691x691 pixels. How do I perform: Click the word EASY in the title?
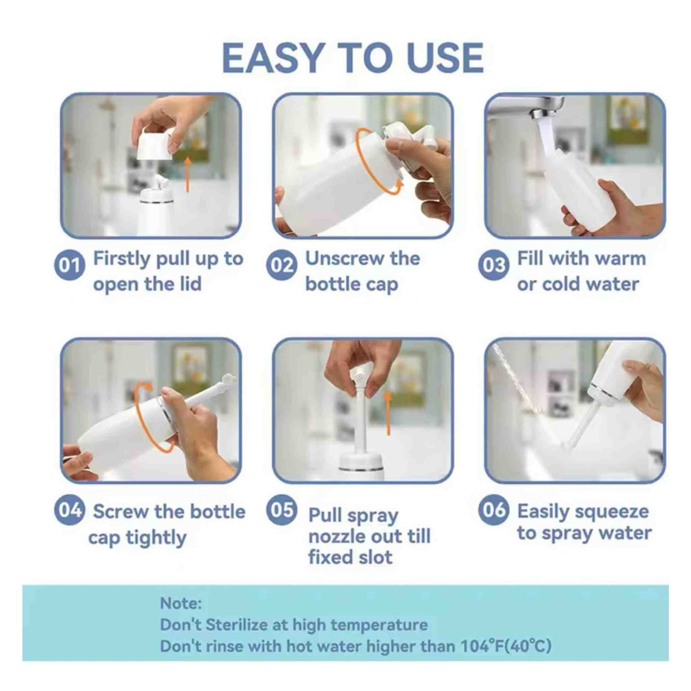click(274, 58)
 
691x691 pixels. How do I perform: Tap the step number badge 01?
click(69, 265)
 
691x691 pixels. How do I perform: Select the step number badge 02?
click(281, 265)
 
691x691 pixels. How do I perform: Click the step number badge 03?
click(493, 265)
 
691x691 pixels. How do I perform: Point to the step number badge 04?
click(69, 510)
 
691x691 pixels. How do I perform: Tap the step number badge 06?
click(493, 510)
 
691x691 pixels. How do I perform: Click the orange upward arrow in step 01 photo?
click(187, 174)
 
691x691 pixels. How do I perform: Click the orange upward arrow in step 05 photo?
click(388, 413)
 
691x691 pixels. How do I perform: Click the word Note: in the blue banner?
click(181, 603)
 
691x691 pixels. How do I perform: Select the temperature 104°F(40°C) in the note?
click(506, 646)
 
